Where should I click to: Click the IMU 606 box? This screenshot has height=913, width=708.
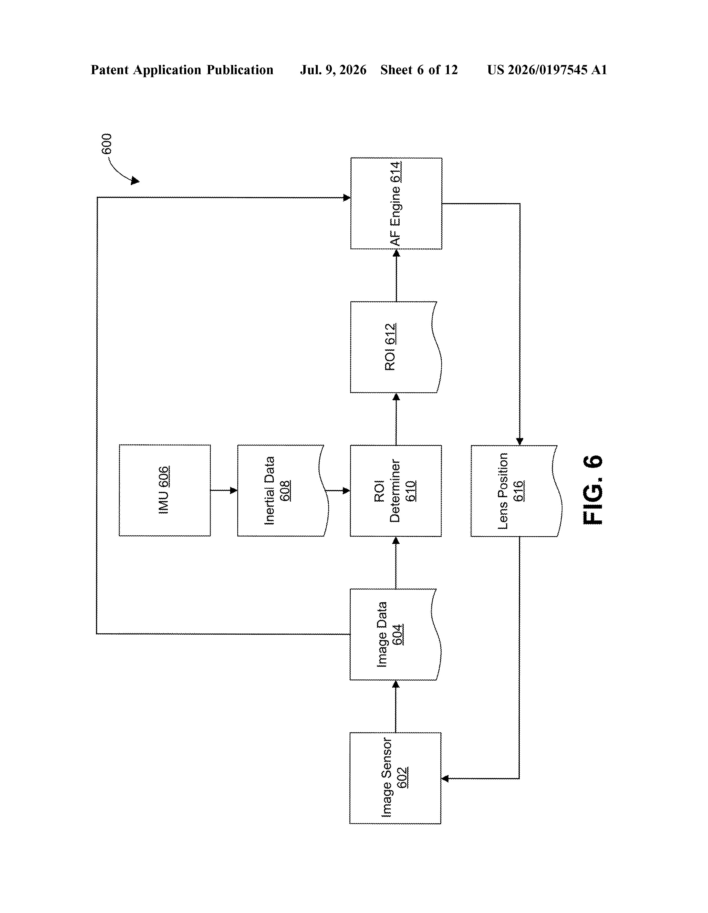pyautogui.click(x=165, y=490)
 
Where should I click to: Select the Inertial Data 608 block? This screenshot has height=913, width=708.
pyautogui.click(x=283, y=490)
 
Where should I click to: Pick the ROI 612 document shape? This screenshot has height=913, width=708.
pyautogui.click(x=396, y=347)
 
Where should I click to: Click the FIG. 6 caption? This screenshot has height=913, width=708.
pyautogui.click(x=593, y=489)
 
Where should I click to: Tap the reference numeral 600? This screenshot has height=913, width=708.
pyautogui.click(x=107, y=144)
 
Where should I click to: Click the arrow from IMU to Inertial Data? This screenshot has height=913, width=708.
pyautogui.click(x=224, y=490)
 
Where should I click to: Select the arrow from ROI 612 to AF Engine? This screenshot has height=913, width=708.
pyautogui.click(x=396, y=275)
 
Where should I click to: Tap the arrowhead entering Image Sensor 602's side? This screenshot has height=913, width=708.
pyautogui.click(x=445, y=778)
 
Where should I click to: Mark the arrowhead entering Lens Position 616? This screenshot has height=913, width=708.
pyautogui.click(x=519, y=442)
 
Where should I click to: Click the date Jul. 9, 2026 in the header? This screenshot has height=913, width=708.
pyautogui.click(x=333, y=70)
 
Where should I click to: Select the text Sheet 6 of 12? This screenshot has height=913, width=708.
pyautogui.click(x=419, y=70)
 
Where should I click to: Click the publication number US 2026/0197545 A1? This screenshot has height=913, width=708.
pyautogui.click(x=547, y=70)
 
